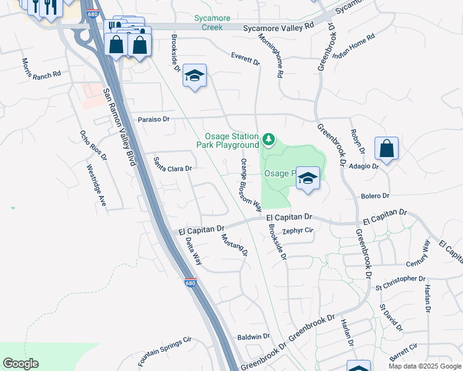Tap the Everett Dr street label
[x=245, y=59]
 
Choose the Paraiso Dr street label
[x=154, y=119]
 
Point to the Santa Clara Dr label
[x=173, y=164]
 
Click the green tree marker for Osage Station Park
[x=269, y=140]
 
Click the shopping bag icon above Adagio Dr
[x=386, y=149]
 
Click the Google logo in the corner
[x=20, y=364]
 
